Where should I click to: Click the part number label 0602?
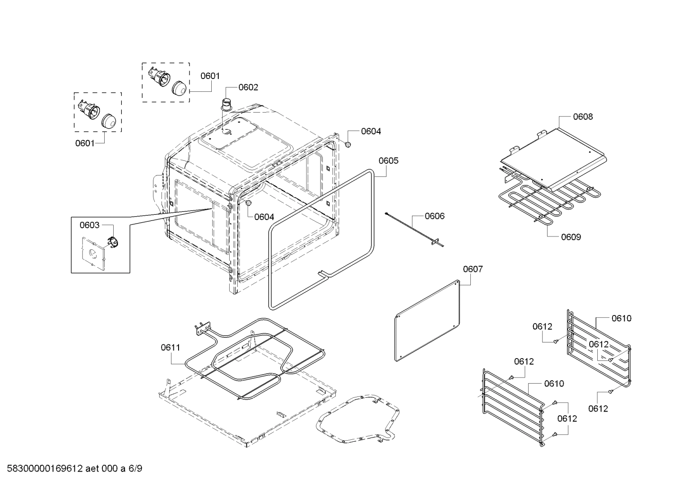tap(248, 87)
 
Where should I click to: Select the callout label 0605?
tap(388, 160)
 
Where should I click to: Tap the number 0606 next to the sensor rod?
tap(434, 216)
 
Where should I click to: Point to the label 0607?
tap(473, 269)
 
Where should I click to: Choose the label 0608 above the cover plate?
tap(583, 117)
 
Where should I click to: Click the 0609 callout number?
tap(571, 237)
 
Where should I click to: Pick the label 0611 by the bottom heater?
tap(170, 348)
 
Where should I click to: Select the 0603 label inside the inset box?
tap(90, 225)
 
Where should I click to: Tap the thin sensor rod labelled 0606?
tap(412, 229)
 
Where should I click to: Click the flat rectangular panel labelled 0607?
tap(428, 321)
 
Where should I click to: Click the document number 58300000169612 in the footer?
tap(42, 469)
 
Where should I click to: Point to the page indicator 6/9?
tap(135, 469)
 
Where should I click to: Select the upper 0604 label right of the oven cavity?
tap(371, 131)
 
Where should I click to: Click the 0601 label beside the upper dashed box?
tap(210, 76)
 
